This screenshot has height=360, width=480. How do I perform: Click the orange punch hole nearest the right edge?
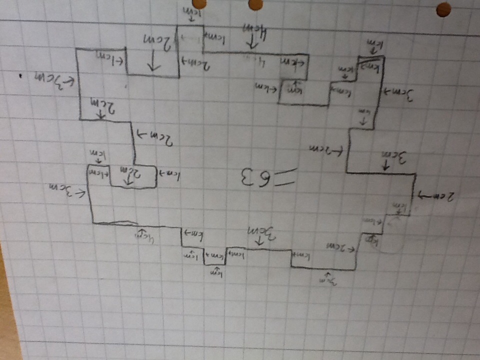tap(443, 9)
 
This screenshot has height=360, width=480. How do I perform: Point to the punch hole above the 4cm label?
tap(255, 4)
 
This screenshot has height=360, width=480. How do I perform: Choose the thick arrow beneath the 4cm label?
tap(252, 43)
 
